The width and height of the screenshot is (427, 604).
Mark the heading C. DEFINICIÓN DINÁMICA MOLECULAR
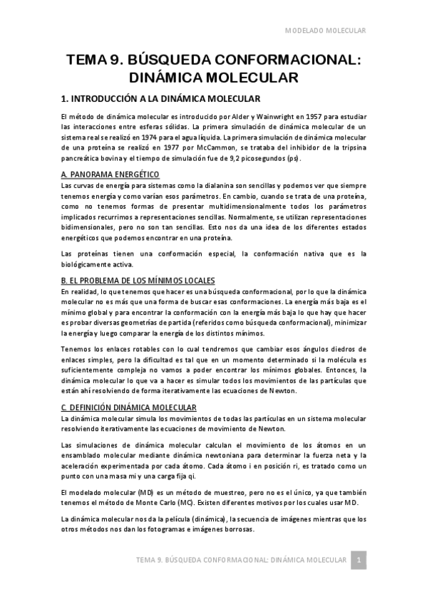click(129, 407)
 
